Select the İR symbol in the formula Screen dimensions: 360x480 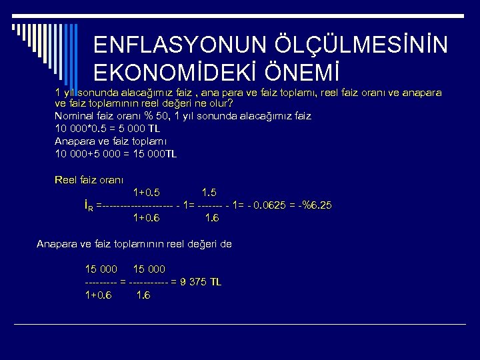[89, 206]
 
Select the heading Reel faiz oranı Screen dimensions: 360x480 [93, 179]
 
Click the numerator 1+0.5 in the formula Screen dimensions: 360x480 [147, 193]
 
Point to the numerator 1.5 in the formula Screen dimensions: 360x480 [209, 193]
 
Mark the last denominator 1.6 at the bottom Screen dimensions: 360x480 [143, 295]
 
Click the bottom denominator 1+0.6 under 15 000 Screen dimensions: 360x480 [99, 295]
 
